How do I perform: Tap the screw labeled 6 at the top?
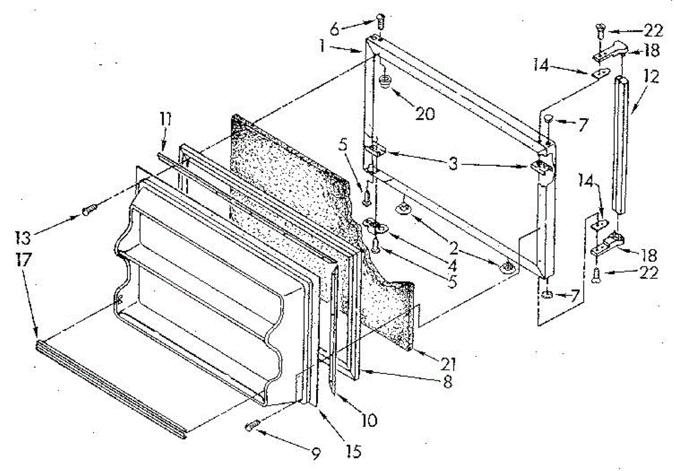(x=380, y=21)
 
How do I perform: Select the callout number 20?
(x=425, y=113)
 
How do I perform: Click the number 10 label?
(x=370, y=419)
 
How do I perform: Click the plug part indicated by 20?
(x=385, y=81)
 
